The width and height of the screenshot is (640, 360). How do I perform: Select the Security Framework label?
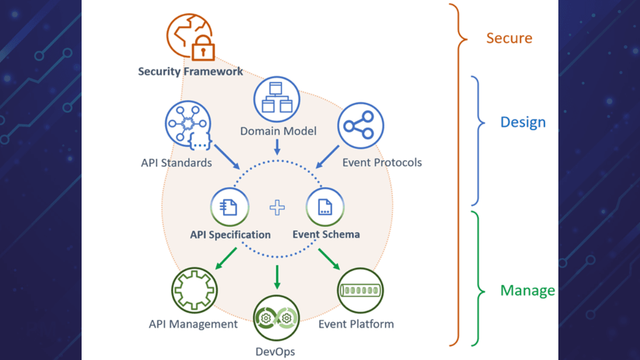[190, 71]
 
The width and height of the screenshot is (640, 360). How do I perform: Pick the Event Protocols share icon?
[360, 126]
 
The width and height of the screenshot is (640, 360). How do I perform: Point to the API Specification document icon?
[230, 206]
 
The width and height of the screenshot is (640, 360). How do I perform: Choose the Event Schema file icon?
[325, 206]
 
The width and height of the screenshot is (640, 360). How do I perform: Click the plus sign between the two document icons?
[277, 207]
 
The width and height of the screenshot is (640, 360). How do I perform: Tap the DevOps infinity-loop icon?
[276, 318]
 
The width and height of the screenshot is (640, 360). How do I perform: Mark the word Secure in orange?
[509, 38]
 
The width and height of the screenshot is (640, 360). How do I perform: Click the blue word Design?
[523, 122]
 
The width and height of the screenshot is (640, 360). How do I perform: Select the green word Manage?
[527, 291]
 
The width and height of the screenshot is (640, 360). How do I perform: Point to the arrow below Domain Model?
[277, 147]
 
